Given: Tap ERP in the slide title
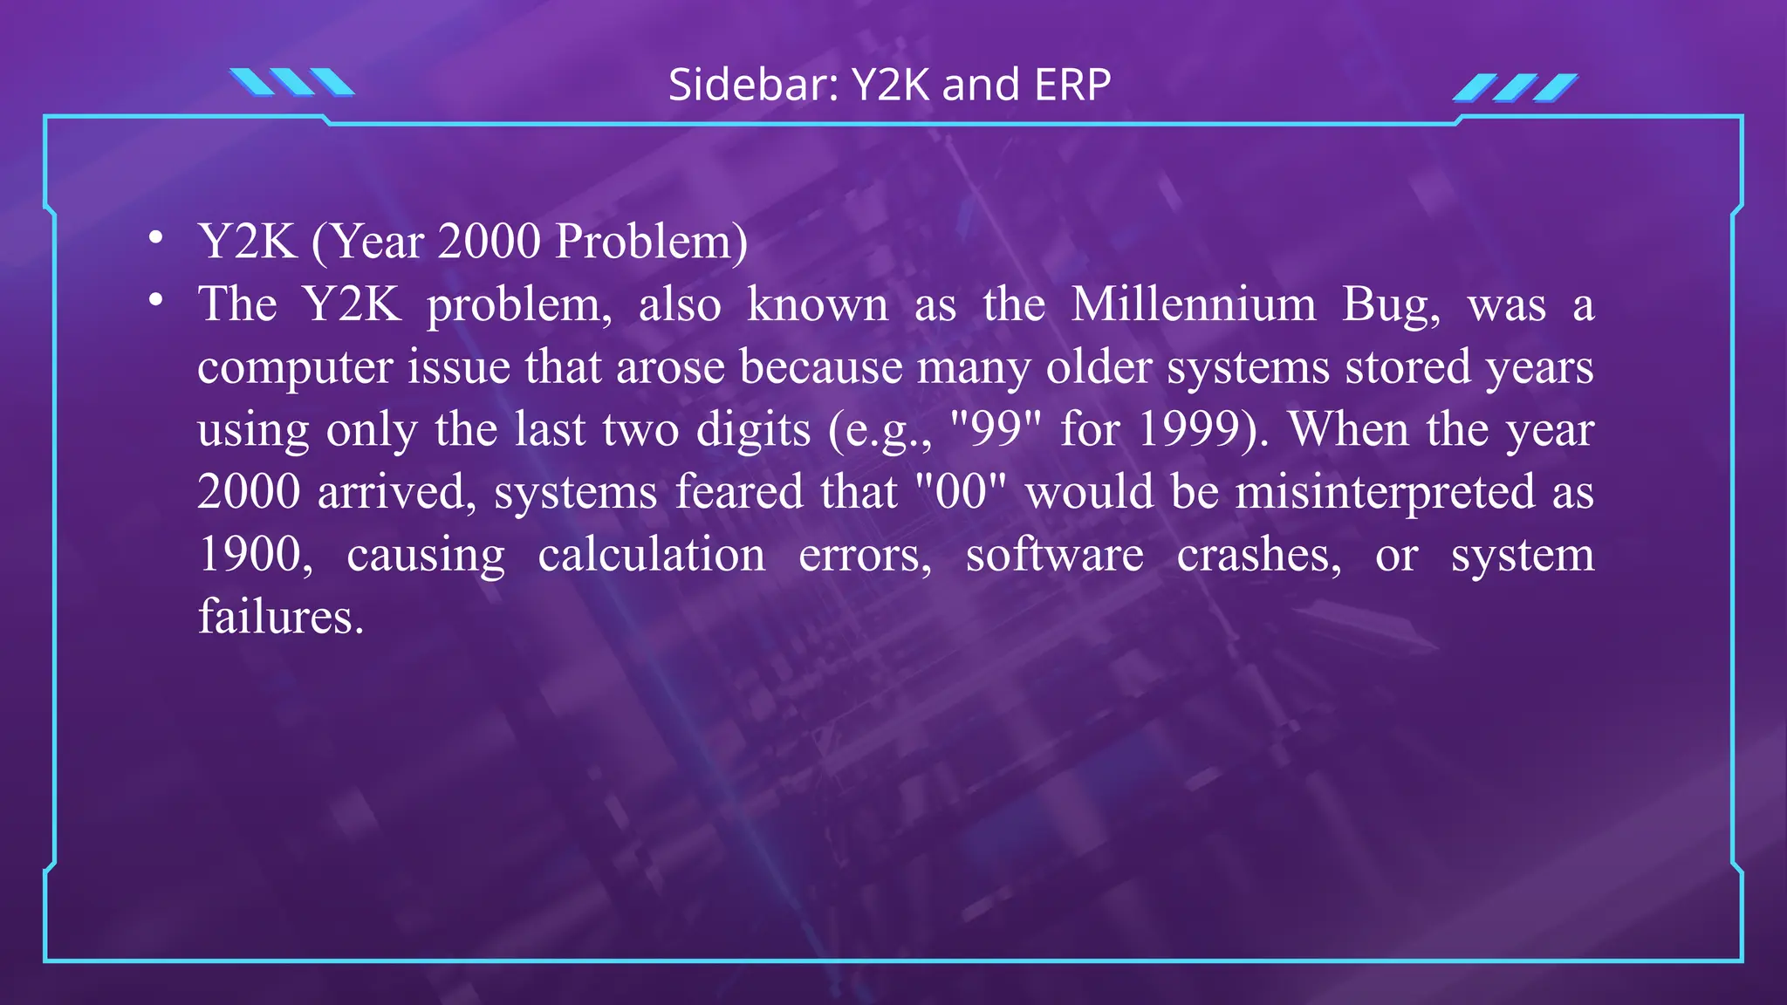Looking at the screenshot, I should coord(1072,85).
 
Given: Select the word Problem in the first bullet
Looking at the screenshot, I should coord(651,242).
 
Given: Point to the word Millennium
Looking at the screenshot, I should coord(1194,304).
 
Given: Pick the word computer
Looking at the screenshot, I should coord(295,367).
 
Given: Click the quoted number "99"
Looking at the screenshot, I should coord(996,428).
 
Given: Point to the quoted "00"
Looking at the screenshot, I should coord(961,491).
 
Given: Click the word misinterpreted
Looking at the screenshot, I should coord(1385,493).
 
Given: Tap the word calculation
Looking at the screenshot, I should coord(651,555).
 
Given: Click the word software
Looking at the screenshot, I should coord(1054,555).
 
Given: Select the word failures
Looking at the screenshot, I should coord(280,618).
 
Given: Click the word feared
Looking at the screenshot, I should coord(739,491).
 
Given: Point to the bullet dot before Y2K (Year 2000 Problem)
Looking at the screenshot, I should coord(156,237).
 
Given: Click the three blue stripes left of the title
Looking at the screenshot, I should coord(292,82).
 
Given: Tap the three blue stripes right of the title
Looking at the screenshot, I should coord(1515,87).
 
